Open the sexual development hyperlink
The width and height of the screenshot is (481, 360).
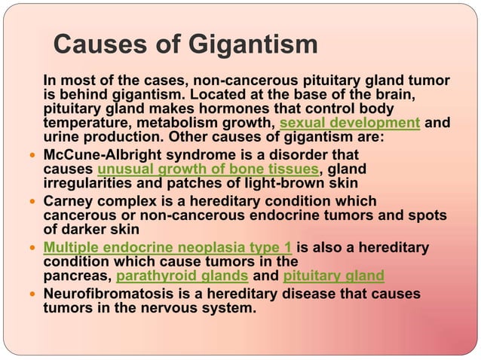click(349, 123)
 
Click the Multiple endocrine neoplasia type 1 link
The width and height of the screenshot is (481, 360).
click(168, 248)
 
